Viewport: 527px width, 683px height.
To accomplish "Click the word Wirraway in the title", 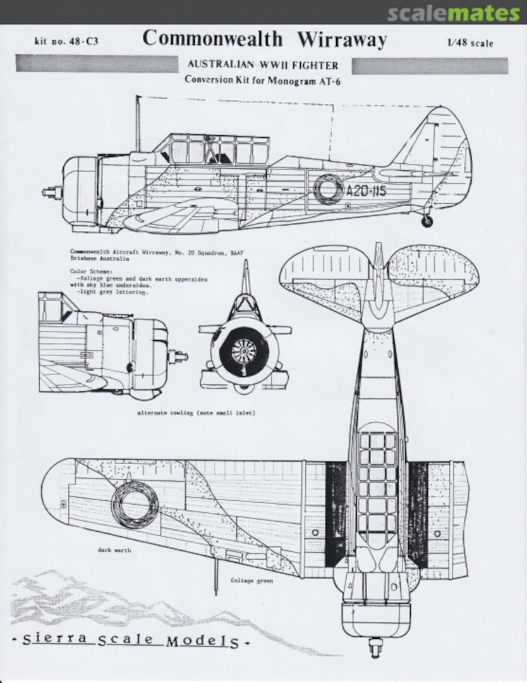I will (x=342, y=39).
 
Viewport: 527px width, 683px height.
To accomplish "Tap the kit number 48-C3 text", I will (x=67, y=42).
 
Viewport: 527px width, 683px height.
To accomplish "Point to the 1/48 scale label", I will (x=470, y=43).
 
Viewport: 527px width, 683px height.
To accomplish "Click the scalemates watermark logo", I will (x=454, y=13).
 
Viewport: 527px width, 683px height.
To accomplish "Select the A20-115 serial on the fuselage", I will (x=366, y=190).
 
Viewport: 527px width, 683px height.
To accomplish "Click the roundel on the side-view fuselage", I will (x=329, y=188).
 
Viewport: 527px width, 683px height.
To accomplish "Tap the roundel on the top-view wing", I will (x=135, y=503).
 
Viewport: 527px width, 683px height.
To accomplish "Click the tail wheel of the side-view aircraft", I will (x=427, y=221).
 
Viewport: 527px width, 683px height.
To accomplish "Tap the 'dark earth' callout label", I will (x=114, y=550).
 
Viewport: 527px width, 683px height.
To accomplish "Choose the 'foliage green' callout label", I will (x=251, y=580).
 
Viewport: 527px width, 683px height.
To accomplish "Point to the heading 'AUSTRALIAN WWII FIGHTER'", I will (x=262, y=65).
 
